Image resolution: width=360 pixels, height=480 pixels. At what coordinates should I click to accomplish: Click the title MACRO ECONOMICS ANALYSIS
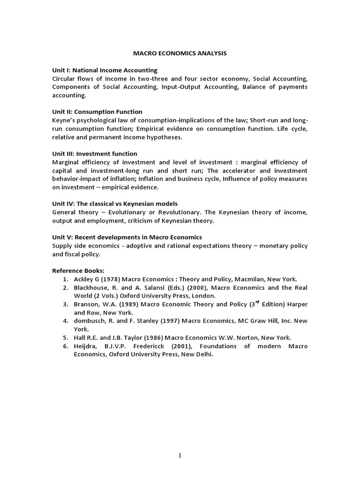coord(180,53)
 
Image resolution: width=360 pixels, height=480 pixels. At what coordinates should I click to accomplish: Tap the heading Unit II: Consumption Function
coord(97,112)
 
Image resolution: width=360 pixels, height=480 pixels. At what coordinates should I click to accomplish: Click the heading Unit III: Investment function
coord(95,153)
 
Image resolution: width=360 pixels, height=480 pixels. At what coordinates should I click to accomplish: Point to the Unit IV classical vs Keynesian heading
coord(115,203)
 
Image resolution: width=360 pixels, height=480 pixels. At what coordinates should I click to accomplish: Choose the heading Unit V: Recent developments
coord(127,237)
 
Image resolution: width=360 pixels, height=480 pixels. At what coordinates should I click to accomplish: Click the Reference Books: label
coord(78,270)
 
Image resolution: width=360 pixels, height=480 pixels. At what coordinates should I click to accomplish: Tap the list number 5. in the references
coord(66,337)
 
